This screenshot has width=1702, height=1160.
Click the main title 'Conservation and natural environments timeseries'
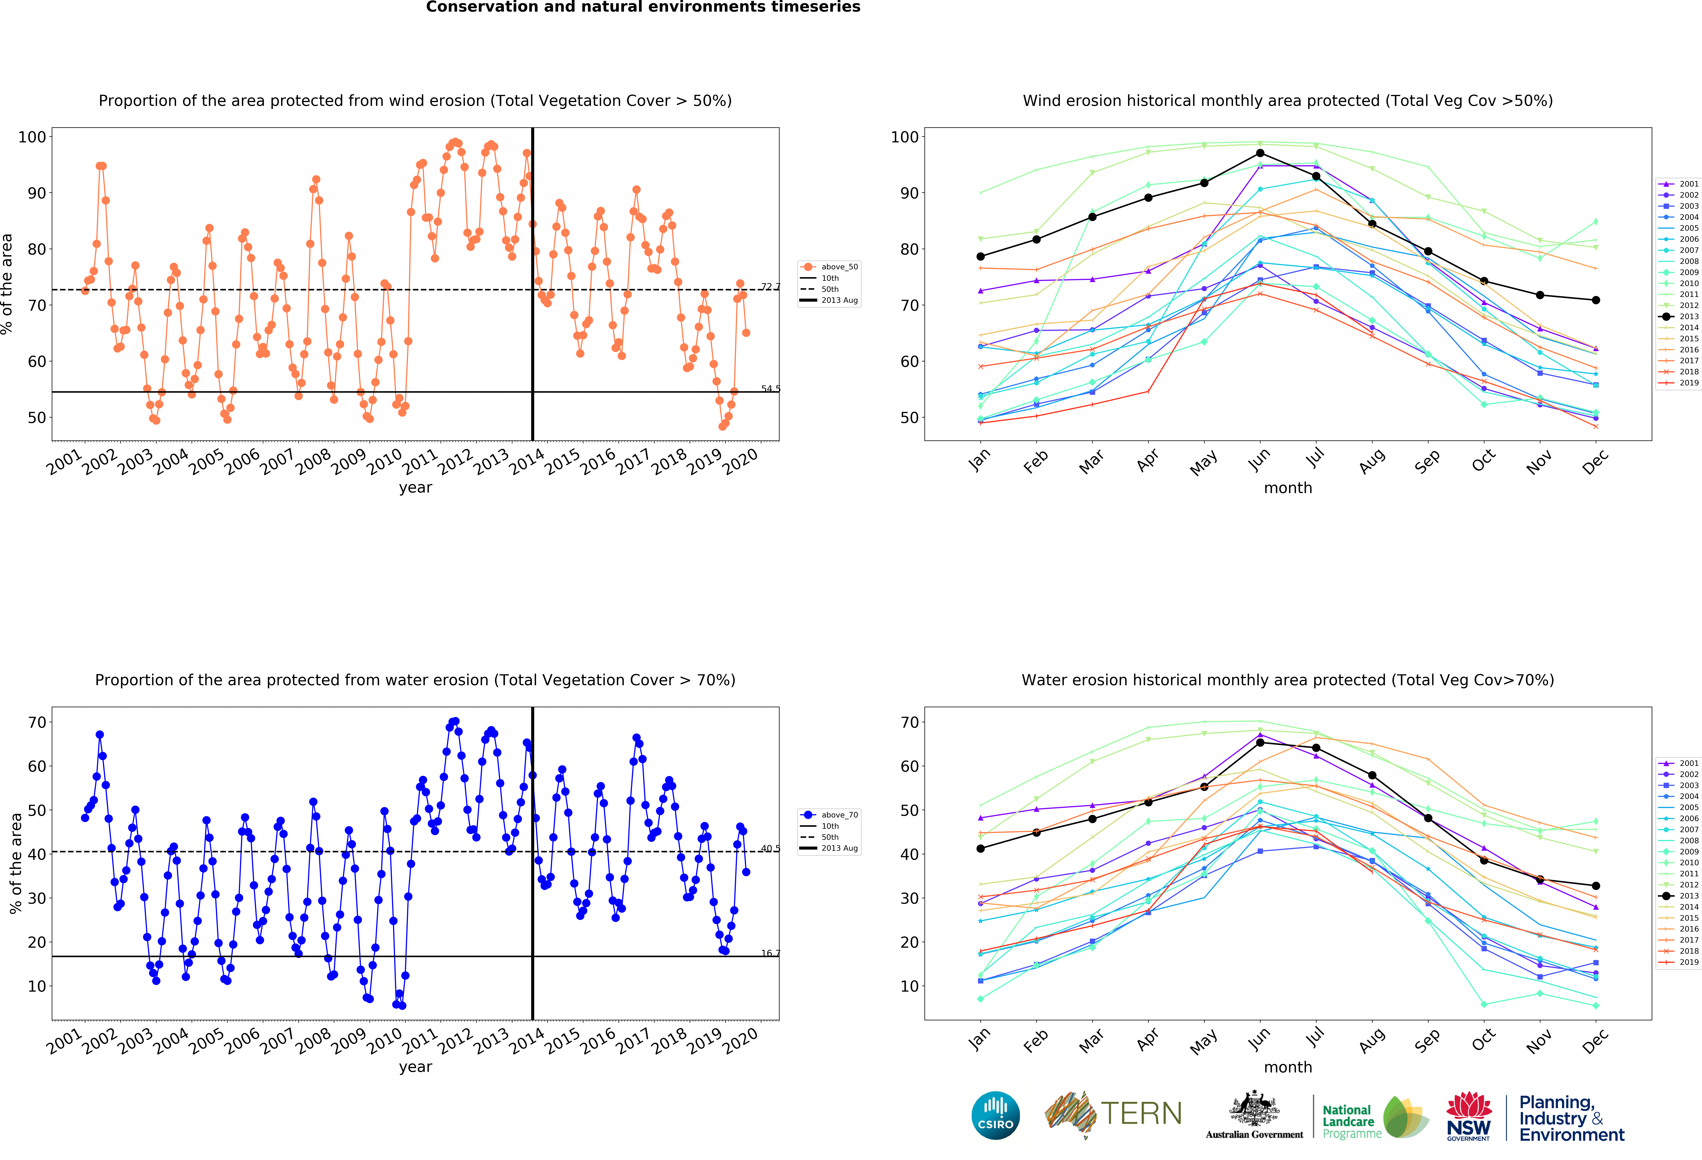[643, 7]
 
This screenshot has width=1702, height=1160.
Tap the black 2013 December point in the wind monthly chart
[1596, 300]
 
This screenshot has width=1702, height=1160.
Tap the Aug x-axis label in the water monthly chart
[1371, 1040]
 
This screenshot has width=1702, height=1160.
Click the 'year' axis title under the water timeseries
[415, 1066]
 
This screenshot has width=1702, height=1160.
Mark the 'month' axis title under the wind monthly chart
[1287, 488]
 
